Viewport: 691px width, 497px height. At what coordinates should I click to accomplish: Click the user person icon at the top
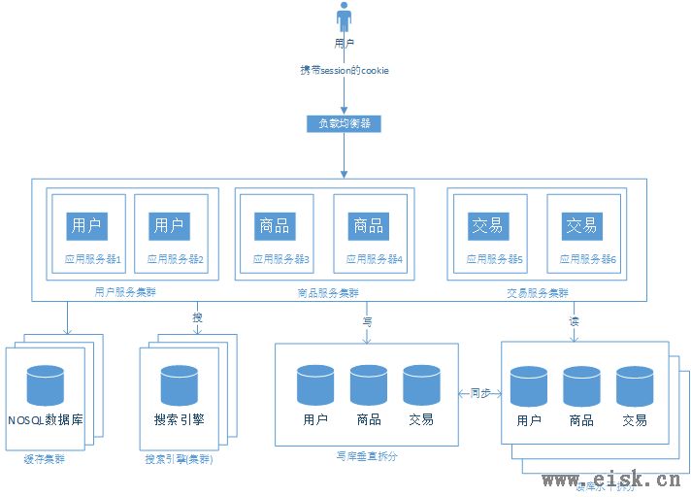343,18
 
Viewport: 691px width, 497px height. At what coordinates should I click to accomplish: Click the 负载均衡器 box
344,124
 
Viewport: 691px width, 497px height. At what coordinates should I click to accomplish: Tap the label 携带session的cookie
345,72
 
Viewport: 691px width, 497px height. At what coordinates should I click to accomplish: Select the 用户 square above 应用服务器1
86,226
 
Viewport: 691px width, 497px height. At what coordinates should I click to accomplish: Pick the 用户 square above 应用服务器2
169,226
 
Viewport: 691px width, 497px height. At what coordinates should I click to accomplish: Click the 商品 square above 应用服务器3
275,226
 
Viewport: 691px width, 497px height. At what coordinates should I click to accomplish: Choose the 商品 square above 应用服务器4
369,226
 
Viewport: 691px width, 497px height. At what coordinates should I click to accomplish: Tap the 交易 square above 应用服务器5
487,226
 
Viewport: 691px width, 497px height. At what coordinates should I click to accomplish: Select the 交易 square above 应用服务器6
581,226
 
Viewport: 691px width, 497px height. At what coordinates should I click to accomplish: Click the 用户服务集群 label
125,291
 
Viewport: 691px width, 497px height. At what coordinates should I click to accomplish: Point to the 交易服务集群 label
538,291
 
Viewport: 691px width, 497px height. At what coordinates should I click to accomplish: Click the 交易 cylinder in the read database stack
635,385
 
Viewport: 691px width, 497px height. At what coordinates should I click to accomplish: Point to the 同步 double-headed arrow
479,394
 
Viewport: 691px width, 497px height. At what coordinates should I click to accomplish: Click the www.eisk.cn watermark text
610,479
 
